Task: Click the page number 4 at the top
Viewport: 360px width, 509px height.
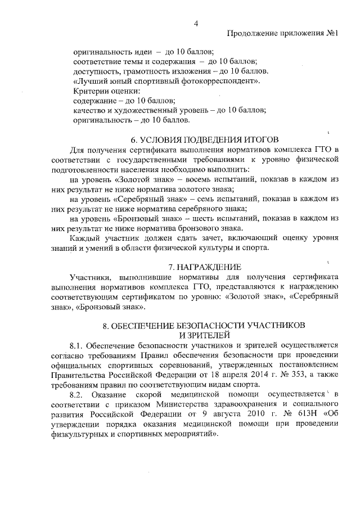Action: click(195, 23)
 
